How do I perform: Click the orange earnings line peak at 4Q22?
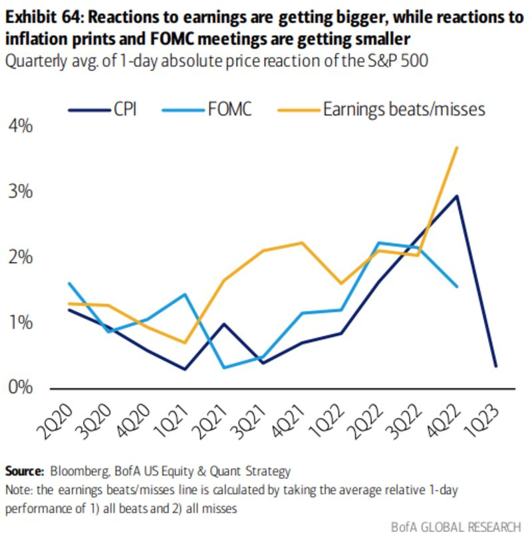coord(456,147)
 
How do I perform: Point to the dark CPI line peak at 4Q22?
coord(456,196)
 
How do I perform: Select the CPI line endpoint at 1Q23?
coord(495,366)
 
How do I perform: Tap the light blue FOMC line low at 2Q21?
coord(223,367)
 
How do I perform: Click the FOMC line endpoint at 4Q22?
coord(456,287)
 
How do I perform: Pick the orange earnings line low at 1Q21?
coord(185,342)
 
